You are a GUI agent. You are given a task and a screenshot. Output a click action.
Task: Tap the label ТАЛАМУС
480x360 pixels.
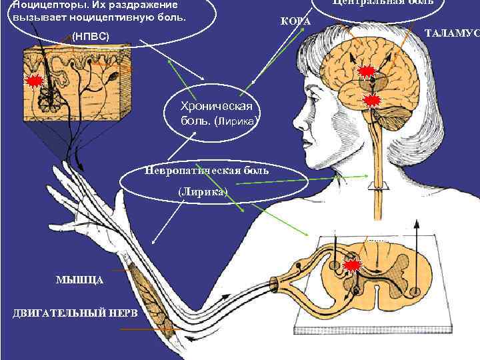click(x=453, y=33)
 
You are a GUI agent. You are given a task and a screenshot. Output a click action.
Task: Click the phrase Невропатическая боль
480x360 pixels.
click(x=206, y=171)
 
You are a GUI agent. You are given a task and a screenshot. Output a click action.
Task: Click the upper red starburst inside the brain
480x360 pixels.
click(x=367, y=72)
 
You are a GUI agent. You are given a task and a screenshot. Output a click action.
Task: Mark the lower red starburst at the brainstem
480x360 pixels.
click(x=373, y=101)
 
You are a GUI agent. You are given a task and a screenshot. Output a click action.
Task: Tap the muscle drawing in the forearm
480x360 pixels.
click(x=150, y=297)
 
